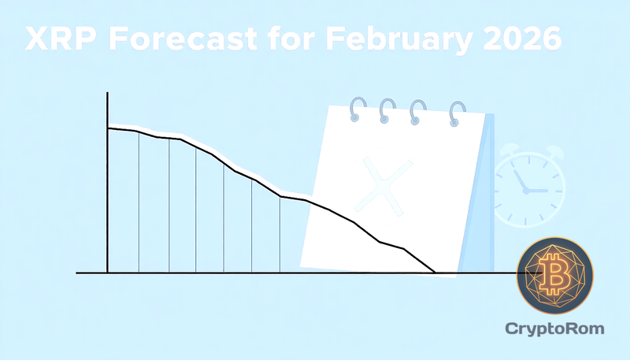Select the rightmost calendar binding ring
pos(458,113)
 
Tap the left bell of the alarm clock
pos(507,150)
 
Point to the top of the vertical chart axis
pos(107,94)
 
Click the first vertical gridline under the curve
pos(139,201)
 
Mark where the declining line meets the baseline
pos(435,273)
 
